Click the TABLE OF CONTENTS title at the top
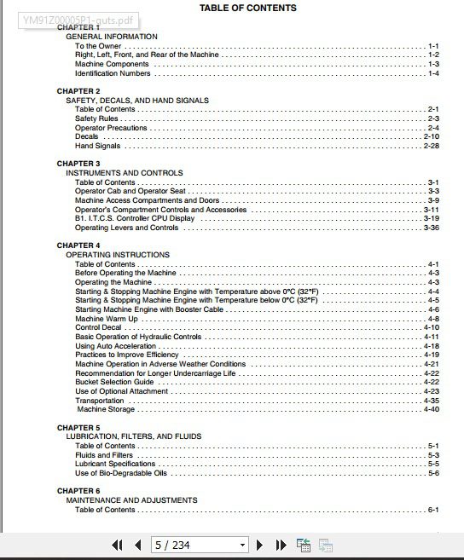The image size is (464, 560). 248,8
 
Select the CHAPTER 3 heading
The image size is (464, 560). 78,164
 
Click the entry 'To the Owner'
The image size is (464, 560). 98,46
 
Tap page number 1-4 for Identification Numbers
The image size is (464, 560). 433,73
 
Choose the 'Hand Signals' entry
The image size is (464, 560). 97,146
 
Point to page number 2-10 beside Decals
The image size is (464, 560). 431,136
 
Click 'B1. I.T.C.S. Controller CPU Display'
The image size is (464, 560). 135,218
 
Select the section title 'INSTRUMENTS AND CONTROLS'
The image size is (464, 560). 125,173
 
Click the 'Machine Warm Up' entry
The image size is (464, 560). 106,318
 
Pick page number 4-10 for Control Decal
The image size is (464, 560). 431,327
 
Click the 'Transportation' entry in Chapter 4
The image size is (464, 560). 99,401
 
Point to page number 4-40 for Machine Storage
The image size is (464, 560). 431,409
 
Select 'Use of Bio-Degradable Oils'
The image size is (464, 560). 121,473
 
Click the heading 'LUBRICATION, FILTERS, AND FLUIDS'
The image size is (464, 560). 134,436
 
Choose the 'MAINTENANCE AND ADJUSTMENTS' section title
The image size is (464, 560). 131,500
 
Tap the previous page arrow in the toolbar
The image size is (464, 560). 137,546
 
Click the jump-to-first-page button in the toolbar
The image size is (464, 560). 118,546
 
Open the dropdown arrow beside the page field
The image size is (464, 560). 242,546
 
